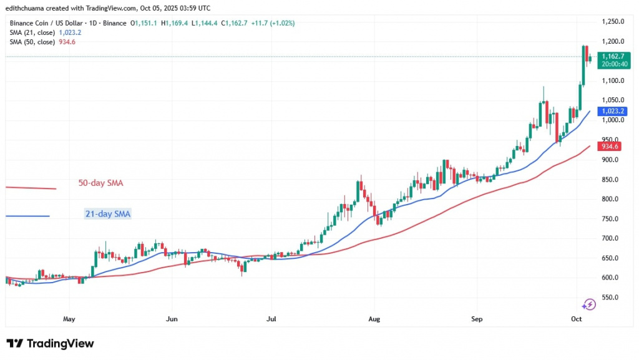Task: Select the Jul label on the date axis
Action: (x=271, y=319)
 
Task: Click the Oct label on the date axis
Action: (x=577, y=319)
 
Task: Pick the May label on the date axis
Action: (x=69, y=319)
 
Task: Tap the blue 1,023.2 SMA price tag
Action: (x=612, y=111)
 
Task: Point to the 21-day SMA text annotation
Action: (x=108, y=214)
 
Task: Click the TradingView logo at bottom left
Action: (x=50, y=344)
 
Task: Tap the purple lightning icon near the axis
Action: (x=588, y=304)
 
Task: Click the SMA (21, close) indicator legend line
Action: (x=44, y=32)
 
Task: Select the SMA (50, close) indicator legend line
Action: (x=42, y=42)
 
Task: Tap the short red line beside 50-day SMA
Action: (x=31, y=188)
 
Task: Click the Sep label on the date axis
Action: (x=477, y=319)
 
